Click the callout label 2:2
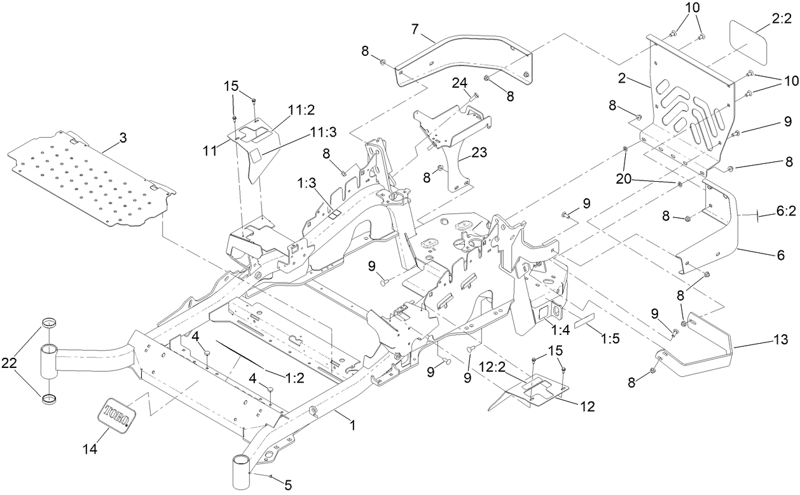pos(780,20)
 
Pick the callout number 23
pos(479,153)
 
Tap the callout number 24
pos(459,83)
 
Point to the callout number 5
pos(288,486)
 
